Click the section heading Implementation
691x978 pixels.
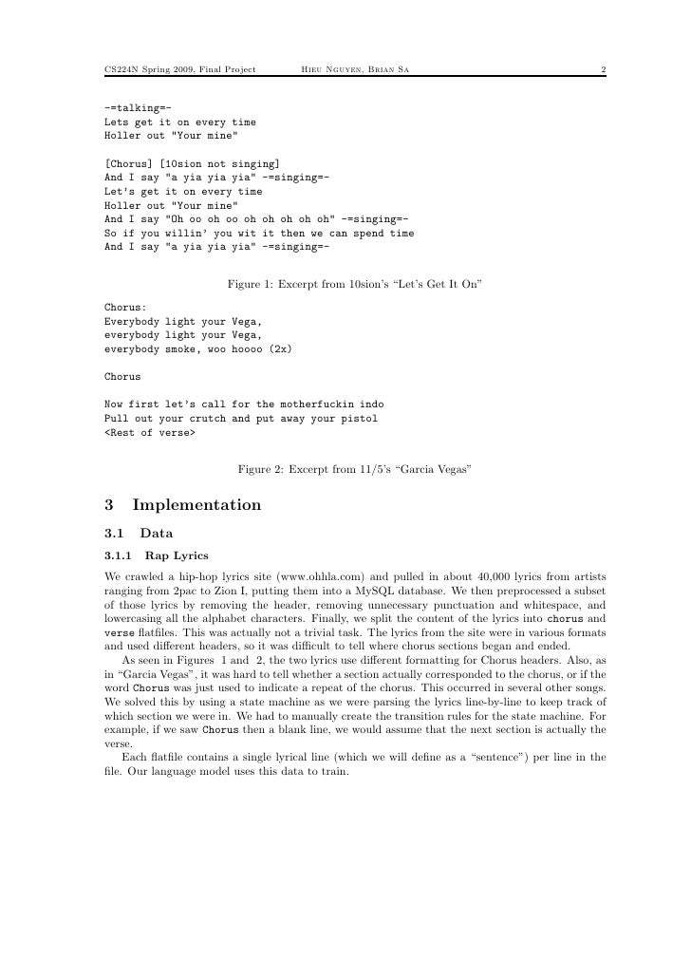pos(197,504)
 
